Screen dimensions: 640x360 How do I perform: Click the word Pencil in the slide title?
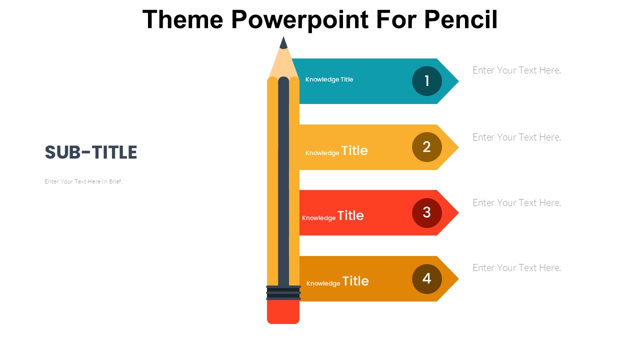tap(460, 19)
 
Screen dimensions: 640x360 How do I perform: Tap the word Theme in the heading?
tap(182, 19)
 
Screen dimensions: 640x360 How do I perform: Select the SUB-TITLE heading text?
tap(91, 152)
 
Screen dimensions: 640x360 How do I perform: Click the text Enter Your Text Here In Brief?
tap(83, 181)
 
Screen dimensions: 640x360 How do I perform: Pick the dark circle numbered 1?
tap(427, 81)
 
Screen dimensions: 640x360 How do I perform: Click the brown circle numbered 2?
tap(427, 147)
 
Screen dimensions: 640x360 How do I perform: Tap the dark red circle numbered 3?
tap(427, 213)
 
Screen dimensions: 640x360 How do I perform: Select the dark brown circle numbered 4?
tap(427, 279)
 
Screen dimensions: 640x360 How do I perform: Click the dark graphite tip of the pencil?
tap(283, 43)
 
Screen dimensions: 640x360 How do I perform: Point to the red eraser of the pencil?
tap(283, 311)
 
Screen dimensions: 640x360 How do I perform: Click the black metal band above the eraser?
tap(283, 292)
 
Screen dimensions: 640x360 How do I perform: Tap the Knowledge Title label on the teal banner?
tap(329, 79)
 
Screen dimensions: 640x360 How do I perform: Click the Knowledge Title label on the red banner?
tap(333, 215)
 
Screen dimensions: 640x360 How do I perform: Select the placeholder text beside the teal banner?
tap(516, 70)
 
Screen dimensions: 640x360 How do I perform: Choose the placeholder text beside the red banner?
tap(516, 203)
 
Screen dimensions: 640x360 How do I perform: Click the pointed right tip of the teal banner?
tap(458, 81)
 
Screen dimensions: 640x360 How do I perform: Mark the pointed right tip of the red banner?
tap(458, 212)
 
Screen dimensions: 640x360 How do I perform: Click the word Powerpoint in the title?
tap(299, 20)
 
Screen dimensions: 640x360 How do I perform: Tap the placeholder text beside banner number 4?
tap(516, 268)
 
